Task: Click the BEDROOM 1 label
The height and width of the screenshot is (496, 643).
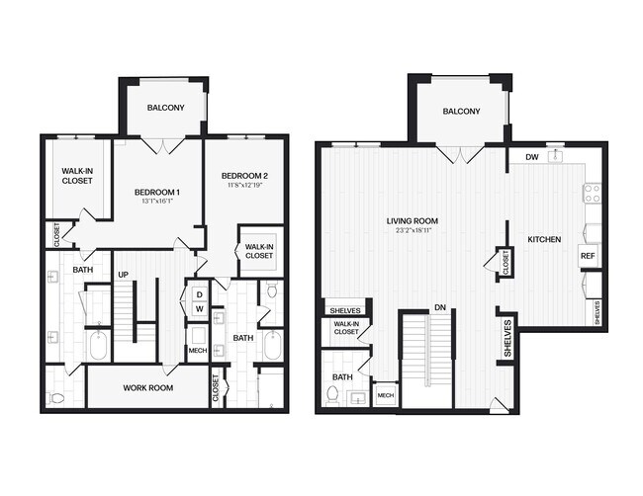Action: coord(156,192)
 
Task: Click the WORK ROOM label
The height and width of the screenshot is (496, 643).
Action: coord(148,388)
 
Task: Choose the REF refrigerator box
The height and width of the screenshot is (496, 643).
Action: coord(588,255)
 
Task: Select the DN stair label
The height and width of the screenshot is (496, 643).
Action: coord(439,308)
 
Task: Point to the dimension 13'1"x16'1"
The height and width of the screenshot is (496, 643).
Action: coord(156,203)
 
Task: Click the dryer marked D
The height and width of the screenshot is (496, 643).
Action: coord(198,293)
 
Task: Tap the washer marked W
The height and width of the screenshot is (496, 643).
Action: coord(198,309)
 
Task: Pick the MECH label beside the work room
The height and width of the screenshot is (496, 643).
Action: coord(198,352)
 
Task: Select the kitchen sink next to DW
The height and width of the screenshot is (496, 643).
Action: coord(557,155)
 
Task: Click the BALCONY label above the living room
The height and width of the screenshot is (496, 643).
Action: coord(461,112)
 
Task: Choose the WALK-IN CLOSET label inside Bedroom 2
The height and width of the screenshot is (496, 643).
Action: coord(258,251)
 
